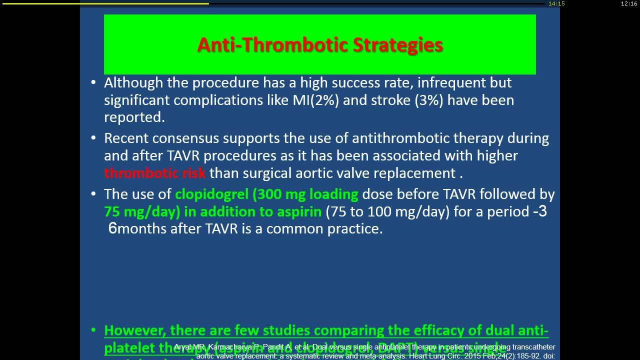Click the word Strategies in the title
398,45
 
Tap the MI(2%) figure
315,100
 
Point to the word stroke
391,100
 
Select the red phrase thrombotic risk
154,173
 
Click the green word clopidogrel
211,194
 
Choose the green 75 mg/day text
141,211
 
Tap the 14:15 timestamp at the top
556,3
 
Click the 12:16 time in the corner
628,3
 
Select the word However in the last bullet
135,330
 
